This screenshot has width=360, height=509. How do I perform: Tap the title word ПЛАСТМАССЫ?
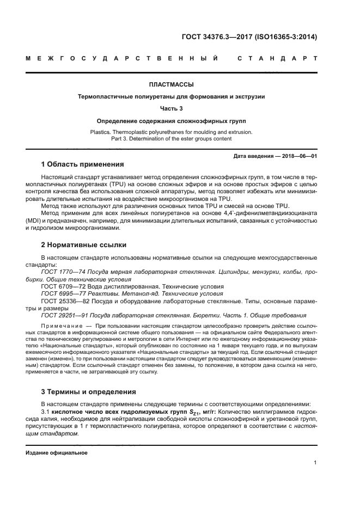(x=172, y=84)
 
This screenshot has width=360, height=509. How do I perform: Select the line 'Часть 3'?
(x=172, y=108)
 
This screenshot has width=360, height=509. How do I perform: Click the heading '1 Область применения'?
(x=83, y=164)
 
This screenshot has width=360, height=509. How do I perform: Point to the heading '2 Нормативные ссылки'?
(x=83, y=245)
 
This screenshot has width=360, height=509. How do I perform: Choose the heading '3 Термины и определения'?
(x=89, y=391)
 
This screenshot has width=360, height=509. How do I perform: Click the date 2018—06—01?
(x=297, y=155)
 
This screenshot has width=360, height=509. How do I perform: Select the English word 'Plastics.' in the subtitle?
(x=102, y=132)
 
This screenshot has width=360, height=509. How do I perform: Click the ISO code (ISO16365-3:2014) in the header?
(x=286, y=38)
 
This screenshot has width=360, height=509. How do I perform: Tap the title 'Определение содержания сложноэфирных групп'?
(x=172, y=120)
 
